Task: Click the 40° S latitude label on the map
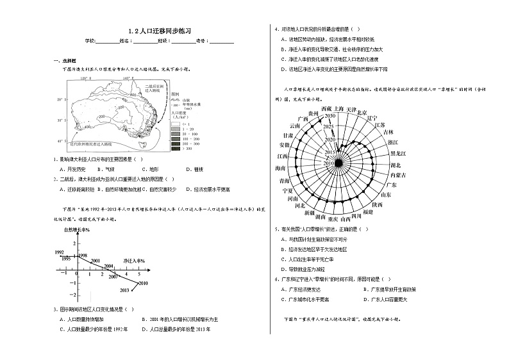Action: (x=60, y=141)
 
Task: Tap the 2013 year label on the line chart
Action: (x=125, y=290)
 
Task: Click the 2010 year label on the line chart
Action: (x=142, y=282)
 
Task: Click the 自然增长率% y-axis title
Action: (x=76, y=229)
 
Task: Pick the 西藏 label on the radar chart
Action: (x=326, y=110)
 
